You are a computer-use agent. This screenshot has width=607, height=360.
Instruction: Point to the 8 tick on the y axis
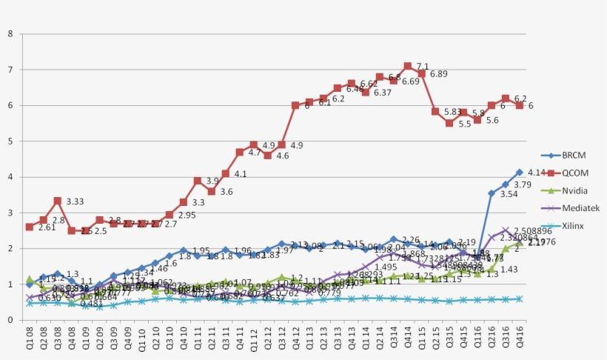pos(10,34)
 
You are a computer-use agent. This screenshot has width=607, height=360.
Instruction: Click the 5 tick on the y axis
pos(10,141)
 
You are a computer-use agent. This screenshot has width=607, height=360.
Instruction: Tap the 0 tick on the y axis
pos(10,320)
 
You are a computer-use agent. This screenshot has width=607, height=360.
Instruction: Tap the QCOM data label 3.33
pos(75,201)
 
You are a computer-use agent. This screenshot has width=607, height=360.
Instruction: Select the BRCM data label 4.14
pos(535,173)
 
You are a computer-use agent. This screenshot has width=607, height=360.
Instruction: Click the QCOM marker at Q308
pos(57,201)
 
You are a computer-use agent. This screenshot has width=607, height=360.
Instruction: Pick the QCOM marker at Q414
pos(407,66)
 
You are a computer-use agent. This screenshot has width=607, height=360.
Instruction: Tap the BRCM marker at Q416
pos(520,172)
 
